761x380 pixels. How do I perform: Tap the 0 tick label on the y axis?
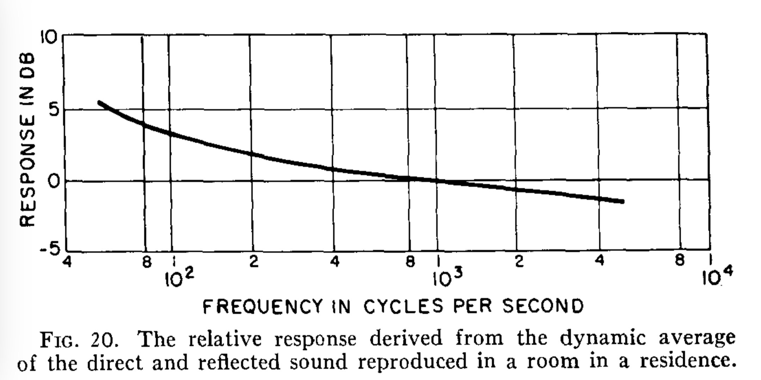coord(53,182)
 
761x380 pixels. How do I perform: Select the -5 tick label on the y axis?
coord(49,250)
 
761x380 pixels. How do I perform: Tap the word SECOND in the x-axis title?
coord(543,306)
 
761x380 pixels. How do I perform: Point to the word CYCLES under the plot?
coord(403,306)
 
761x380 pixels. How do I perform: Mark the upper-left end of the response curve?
coord(100,102)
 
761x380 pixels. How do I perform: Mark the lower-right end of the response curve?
coord(623,201)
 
